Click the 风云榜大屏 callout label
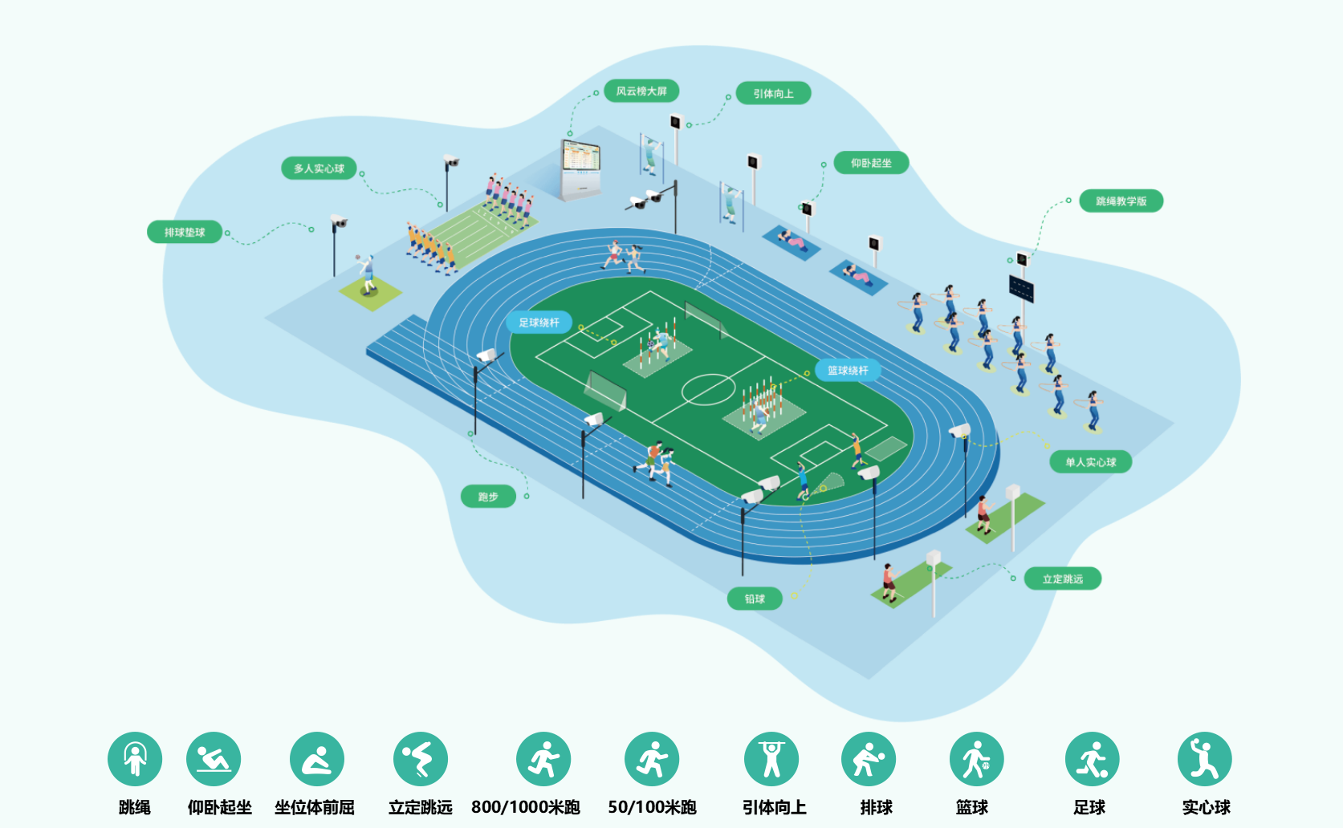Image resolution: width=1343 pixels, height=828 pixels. point(641,91)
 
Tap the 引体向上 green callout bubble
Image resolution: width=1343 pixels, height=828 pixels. point(773,94)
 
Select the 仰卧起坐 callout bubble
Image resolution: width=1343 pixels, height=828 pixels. point(871,163)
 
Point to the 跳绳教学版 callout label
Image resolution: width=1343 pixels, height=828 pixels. point(1121,201)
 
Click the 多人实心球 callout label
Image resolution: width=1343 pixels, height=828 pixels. point(319,168)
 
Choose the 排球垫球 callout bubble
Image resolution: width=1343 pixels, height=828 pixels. point(185,233)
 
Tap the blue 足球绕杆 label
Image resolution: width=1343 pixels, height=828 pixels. point(539,323)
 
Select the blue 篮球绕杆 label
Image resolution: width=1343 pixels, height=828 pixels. point(848,371)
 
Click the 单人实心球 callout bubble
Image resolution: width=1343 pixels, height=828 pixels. point(1090,462)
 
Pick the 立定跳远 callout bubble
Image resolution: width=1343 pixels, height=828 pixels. point(1062,579)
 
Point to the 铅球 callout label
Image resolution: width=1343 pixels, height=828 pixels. point(755,599)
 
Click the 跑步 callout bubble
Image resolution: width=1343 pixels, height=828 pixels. point(488,497)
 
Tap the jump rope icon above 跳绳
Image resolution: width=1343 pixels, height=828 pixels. point(135,759)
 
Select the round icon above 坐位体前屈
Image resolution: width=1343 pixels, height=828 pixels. point(317,759)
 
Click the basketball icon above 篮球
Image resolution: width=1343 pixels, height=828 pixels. point(976,759)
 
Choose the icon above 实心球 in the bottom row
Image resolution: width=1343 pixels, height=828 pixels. point(1204,759)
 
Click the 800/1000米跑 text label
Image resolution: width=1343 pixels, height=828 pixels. point(526,807)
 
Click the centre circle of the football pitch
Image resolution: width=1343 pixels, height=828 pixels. point(709,390)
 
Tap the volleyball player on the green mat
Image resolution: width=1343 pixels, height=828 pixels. point(368,274)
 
